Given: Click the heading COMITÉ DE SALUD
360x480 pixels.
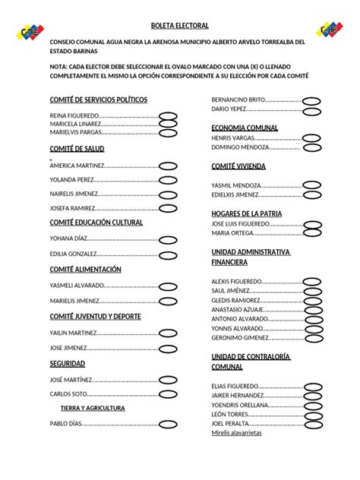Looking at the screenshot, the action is pyautogui.click(x=77, y=148).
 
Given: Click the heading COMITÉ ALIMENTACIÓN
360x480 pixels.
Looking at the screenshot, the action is pyautogui.click(x=85, y=270).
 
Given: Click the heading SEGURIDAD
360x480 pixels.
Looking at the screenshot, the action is pyautogui.click(x=67, y=363).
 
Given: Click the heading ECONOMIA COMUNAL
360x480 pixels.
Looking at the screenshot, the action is pyautogui.click(x=245, y=128).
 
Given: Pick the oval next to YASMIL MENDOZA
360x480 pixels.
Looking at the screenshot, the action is pyautogui.click(x=311, y=185).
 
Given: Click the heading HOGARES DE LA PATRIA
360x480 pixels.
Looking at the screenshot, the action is pyautogui.click(x=246, y=213).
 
